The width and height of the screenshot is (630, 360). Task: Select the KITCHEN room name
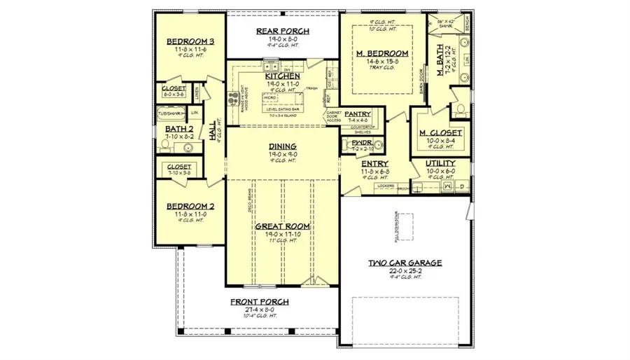(x=283, y=75)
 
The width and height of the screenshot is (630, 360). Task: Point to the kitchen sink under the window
(x=272, y=67)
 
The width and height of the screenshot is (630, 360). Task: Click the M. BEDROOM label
(x=381, y=53)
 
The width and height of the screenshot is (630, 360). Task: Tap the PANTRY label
(x=357, y=113)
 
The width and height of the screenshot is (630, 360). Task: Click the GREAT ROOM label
(x=283, y=226)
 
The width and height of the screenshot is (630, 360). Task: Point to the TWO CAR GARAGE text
(x=405, y=263)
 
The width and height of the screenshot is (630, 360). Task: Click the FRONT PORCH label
(x=260, y=302)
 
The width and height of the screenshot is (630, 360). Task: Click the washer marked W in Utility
(x=448, y=186)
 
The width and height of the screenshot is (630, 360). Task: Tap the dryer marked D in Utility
(x=463, y=186)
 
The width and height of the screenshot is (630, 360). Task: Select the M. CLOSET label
(x=440, y=132)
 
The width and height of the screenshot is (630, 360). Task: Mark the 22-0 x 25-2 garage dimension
(x=405, y=271)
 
